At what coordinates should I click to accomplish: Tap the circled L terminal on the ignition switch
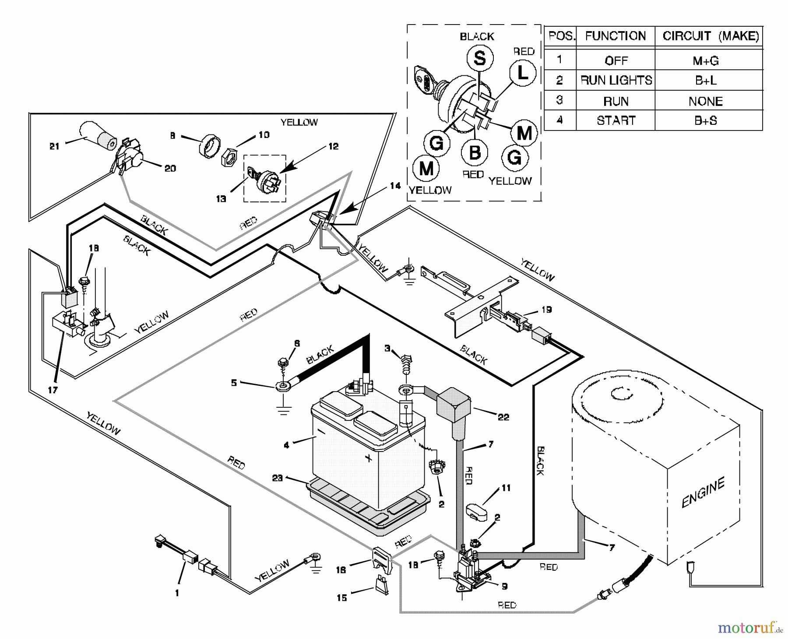[x=523, y=73]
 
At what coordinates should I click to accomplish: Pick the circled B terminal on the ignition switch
[x=475, y=153]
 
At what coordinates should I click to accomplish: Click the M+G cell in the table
[x=705, y=60]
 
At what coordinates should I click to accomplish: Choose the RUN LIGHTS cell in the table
[x=616, y=81]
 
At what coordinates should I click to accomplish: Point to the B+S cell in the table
[x=705, y=121]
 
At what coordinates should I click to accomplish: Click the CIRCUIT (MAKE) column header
[x=710, y=36]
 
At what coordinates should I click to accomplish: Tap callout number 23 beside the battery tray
[x=278, y=478]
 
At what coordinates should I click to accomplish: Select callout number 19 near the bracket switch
[x=546, y=310]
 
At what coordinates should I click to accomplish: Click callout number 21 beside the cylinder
[x=54, y=146]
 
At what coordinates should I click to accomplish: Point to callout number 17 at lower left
[x=53, y=389]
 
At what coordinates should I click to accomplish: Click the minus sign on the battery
[x=321, y=431]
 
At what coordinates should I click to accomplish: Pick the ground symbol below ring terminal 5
[x=284, y=410]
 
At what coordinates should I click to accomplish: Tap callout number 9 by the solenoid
[x=505, y=586]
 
